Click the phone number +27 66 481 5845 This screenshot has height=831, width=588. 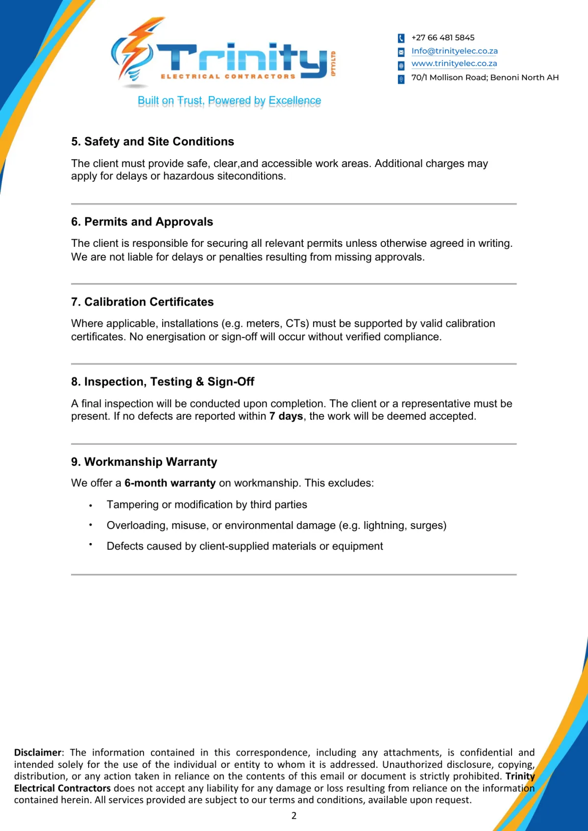442,38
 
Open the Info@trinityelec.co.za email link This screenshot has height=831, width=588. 454,51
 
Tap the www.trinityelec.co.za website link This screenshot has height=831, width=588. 454,64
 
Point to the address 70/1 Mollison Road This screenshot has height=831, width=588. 485,77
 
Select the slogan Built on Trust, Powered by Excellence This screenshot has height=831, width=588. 229,101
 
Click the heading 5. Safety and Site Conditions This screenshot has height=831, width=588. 152,142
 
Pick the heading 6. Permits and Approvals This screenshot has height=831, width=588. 142,222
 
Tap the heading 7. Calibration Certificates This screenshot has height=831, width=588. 142,302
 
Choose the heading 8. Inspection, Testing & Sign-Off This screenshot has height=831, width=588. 163,381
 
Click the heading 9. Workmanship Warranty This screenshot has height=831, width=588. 144,462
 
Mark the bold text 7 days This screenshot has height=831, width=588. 286,416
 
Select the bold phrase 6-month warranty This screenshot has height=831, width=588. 170,483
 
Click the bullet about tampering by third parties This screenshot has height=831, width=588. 207,505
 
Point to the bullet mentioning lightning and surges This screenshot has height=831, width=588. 276,525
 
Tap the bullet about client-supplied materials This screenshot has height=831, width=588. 245,546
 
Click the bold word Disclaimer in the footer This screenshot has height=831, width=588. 38,753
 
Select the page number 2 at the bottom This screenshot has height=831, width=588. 294,815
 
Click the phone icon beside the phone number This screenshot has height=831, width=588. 401,38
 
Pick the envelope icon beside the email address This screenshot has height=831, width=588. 401,52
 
